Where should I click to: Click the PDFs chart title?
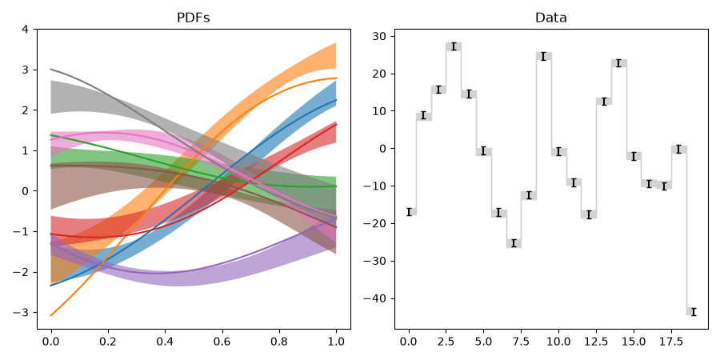coord(194,18)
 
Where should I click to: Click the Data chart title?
coord(551,18)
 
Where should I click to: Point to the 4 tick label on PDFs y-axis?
coord(25,30)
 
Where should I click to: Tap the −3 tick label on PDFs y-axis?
coord(21,313)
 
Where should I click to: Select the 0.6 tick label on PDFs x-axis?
coord(222,342)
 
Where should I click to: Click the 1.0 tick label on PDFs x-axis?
coord(336,342)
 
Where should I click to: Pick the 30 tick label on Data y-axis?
coord(379,36)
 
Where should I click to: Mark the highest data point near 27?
coord(454,46)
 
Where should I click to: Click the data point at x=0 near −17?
coord(409,212)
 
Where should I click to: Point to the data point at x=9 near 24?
coord(544,57)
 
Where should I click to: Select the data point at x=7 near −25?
coord(514,243)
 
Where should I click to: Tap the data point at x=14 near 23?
coord(618,63)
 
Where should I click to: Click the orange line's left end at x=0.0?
coord(51,315)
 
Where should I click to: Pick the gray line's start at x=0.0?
coord(51,70)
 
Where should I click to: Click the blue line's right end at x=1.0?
coord(336,100)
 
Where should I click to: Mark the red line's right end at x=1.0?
coord(336,125)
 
